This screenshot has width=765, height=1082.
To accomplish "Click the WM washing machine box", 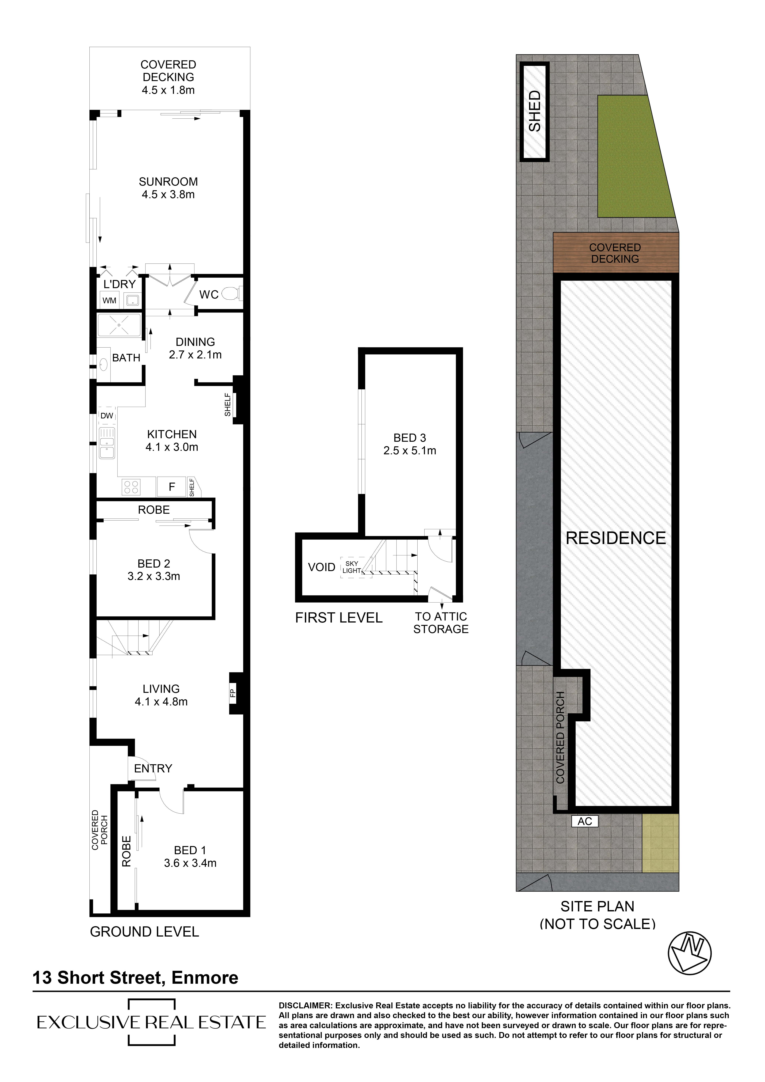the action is (x=109, y=300).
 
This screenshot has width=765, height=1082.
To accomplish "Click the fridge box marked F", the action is (x=172, y=487).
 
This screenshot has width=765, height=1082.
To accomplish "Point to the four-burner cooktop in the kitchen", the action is (x=131, y=487).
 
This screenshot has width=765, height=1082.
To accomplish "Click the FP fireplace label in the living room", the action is (x=232, y=693).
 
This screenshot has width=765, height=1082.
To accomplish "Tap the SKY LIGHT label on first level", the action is (x=352, y=567).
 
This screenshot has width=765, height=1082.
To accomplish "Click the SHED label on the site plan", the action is (x=535, y=111).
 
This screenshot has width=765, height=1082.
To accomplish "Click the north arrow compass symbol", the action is (x=690, y=953).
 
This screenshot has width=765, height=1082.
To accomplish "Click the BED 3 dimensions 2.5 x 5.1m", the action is (x=410, y=451).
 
